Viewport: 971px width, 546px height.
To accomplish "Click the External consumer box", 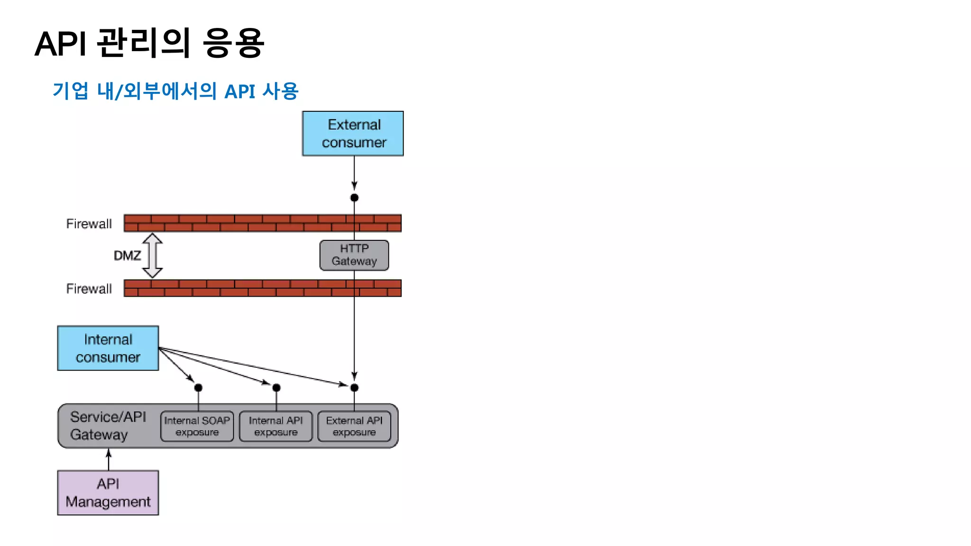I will [x=353, y=134].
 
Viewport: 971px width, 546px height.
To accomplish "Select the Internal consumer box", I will [x=108, y=348].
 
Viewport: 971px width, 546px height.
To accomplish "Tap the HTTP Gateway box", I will [x=354, y=255].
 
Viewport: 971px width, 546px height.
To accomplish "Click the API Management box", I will [x=108, y=492].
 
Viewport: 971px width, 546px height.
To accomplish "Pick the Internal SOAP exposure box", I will [x=197, y=426].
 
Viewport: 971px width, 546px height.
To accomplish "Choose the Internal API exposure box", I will [x=275, y=426].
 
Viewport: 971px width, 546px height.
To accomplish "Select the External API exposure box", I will [x=354, y=426].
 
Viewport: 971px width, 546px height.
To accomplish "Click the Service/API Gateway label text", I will [x=108, y=426].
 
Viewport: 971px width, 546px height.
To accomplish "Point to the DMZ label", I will [x=127, y=256].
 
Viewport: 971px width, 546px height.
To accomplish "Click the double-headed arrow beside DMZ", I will [x=153, y=255].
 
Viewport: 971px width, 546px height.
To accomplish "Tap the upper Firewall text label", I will [x=89, y=224].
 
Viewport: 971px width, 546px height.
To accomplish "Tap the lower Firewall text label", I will [x=89, y=289].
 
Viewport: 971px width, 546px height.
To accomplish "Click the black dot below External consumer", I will [x=354, y=198].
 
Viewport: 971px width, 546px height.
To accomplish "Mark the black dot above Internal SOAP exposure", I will [x=198, y=388].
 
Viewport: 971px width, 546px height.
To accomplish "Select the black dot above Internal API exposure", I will [x=276, y=388].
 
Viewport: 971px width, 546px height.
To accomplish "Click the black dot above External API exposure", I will [x=354, y=388].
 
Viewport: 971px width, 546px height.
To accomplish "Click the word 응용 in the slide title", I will [x=233, y=43].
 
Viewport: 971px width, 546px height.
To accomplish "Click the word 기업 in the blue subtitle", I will [x=70, y=91].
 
